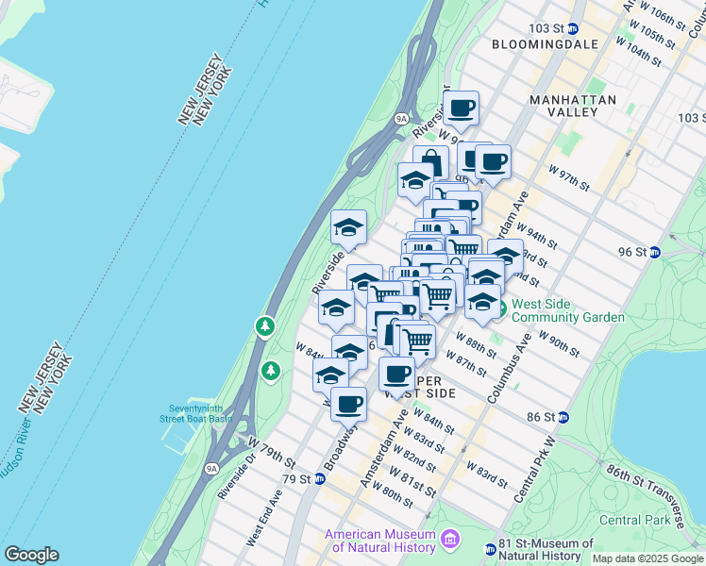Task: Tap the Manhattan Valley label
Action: (x=573, y=106)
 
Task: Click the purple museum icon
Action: (x=450, y=541)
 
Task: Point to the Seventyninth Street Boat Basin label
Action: (x=195, y=412)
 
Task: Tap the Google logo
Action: (x=31, y=555)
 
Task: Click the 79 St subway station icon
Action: (x=320, y=479)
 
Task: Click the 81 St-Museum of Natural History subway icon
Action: (x=491, y=549)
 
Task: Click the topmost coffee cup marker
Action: (x=461, y=108)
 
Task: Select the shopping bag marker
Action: (x=430, y=162)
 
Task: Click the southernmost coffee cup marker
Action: (x=348, y=404)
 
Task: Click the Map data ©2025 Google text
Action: (x=647, y=558)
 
